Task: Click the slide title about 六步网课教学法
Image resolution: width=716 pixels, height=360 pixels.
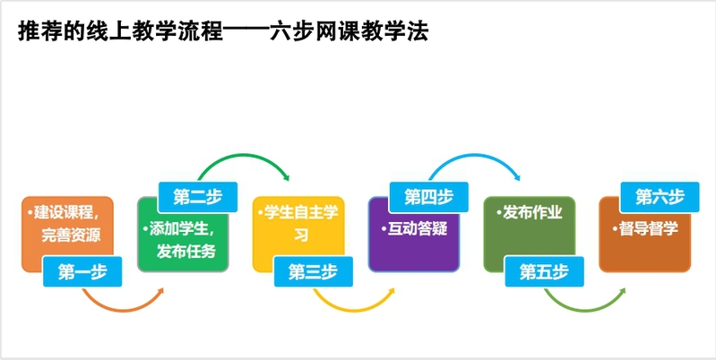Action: [x=223, y=32]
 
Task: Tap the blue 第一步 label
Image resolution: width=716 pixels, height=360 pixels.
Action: [x=81, y=273]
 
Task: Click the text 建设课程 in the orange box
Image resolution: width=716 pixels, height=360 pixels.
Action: [x=73, y=214]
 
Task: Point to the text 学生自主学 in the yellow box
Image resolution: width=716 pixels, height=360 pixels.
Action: [x=301, y=214]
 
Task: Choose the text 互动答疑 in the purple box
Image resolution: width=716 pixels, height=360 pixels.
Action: [x=417, y=228]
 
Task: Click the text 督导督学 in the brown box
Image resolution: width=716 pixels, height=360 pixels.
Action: [x=647, y=228]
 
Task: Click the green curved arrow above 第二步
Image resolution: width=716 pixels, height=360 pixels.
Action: [x=242, y=161]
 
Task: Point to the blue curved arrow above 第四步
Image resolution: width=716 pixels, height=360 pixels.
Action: [x=475, y=161]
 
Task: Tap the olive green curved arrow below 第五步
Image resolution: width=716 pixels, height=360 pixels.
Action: [x=587, y=304]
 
